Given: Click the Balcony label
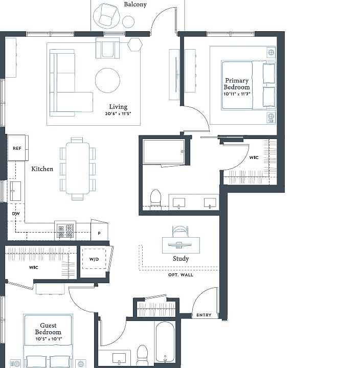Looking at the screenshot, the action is click(x=135, y=5).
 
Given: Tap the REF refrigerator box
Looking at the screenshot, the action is click(x=17, y=148).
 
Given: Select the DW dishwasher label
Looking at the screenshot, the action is click(x=16, y=214).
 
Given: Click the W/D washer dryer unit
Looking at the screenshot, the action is click(x=94, y=259).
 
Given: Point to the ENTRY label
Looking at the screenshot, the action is click(x=204, y=315).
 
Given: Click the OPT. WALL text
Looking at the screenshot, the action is click(x=181, y=275).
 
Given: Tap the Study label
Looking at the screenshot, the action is click(x=181, y=259).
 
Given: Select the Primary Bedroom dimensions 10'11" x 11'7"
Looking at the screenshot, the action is click(x=237, y=94).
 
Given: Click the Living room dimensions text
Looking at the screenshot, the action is click(x=118, y=113).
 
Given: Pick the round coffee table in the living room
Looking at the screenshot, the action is click(x=107, y=80).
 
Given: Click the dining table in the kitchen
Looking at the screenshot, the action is click(x=78, y=168).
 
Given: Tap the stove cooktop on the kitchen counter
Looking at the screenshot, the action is click(x=65, y=231).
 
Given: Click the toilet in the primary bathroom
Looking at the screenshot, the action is click(x=155, y=199).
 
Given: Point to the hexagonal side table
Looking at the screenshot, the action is click(x=135, y=44).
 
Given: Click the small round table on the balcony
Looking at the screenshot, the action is click(x=128, y=21).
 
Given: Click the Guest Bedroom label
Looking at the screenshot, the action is click(x=48, y=329).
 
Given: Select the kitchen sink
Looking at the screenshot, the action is click(x=15, y=191).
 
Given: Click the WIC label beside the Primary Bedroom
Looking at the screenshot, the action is click(x=254, y=157).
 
